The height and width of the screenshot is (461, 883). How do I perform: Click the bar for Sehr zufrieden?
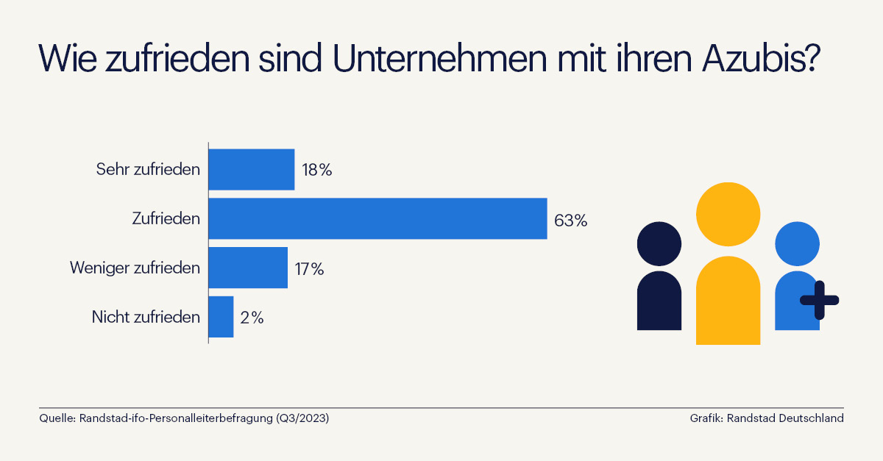[x=252, y=170]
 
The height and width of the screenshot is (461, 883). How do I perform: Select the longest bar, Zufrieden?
[x=377, y=218]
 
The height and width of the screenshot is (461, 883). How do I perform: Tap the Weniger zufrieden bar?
[x=248, y=268]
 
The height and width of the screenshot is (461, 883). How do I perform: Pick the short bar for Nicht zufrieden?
[x=221, y=317]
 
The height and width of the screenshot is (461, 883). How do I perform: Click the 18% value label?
[x=317, y=170]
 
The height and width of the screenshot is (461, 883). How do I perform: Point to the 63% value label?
[x=570, y=219]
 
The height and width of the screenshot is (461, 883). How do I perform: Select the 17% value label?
[x=309, y=268]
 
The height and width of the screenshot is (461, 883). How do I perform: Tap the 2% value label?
[x=252, y=318]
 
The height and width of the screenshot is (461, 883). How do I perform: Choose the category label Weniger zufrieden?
[x=135, y=268]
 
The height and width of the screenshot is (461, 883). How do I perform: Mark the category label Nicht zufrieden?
[x=146, y=318]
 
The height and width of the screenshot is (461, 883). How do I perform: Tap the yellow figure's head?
[x=728, y=214]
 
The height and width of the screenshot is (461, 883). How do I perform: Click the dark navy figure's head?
[x=659, y=244]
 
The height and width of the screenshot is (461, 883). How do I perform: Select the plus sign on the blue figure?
[x=819, y=299]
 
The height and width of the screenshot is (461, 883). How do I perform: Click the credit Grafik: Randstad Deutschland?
[x=766, y=418]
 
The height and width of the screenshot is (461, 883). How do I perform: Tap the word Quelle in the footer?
[x=56, y=418]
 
